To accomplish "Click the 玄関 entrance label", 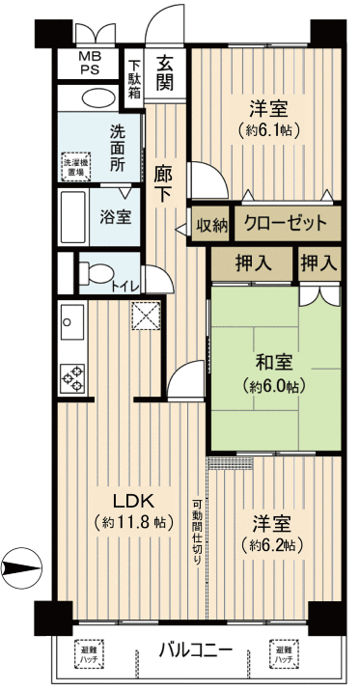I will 167,72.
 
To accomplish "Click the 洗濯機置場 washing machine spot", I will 76,165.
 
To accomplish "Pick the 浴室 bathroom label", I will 116,216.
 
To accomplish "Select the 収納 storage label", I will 211,226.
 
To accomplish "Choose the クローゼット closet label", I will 286,224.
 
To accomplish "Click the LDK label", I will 133,501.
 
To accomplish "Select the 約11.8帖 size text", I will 133,523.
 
